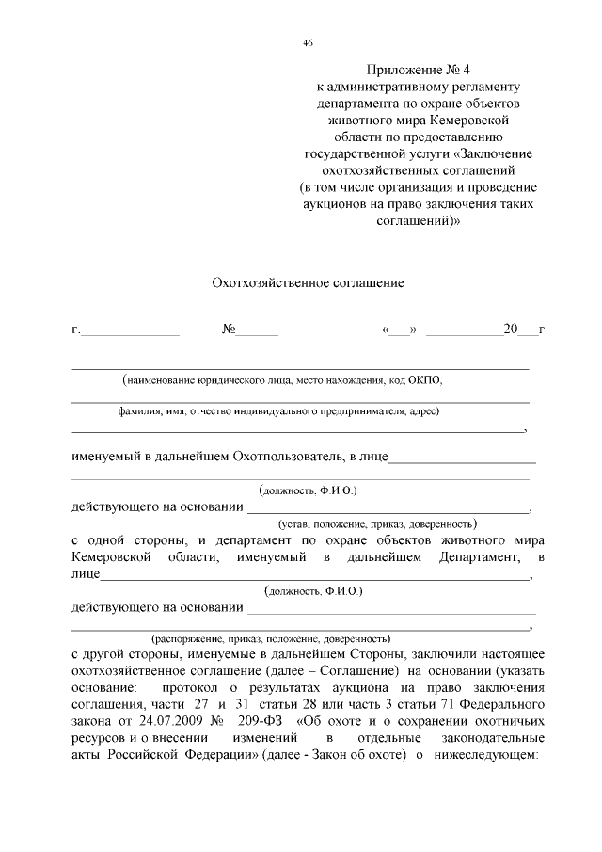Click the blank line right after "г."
132,330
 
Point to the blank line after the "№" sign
257,330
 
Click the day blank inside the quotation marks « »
400,330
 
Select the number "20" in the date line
511,330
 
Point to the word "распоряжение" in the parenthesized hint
191,637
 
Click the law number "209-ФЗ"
264,722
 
